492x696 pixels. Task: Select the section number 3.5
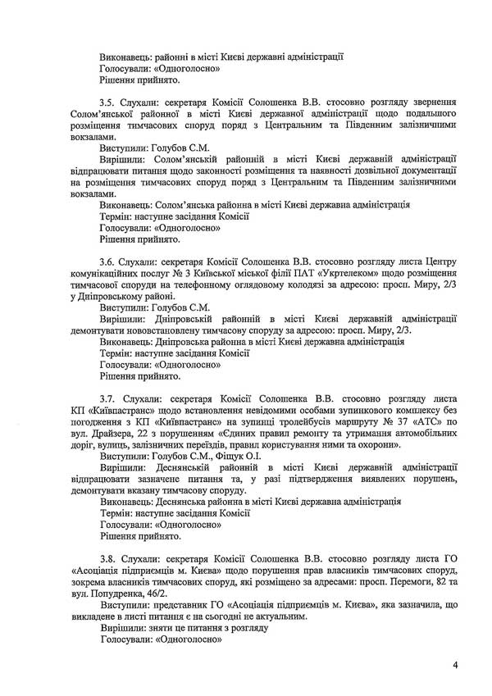[107, 95]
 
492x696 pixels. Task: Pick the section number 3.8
[107, 557]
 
